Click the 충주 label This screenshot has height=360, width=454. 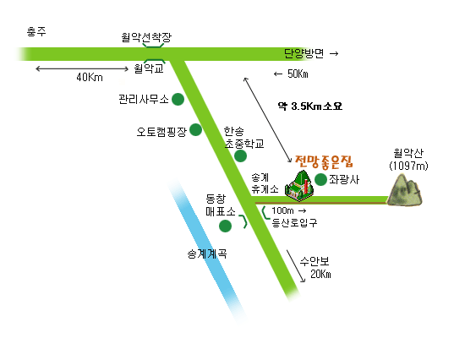pyautogui.click(x=36, y=31)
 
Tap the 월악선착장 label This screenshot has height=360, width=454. pyautogui.click(x=146, y=37)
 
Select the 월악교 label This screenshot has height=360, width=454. pyautogui.click(x=149, y=68)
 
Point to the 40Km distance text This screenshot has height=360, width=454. pyautogui.click(x=90, y=77)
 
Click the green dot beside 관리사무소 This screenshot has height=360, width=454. pyautogui.click(x=178, y=99)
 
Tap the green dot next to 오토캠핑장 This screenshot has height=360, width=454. pyautogui.click(x=195, y=129)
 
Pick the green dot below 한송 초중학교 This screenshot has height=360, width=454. pyautogui.click(x=240, y=156)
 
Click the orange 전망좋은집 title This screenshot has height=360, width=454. pyautogui.click(x=324, y=161)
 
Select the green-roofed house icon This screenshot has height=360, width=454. pyautogui.click(x=299, y=186)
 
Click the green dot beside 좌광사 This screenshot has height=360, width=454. pyautogui.click(x=320, y=179)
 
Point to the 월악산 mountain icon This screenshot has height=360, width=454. pyautogui.click(x=405, y=190)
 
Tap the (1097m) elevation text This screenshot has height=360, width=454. pyautogui.click(x=408, y=166)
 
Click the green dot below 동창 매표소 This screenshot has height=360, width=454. pyautogui.click(x=225, y=226)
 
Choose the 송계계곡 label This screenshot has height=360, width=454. pyautogui.click(x=207, y=254)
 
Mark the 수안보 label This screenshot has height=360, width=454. pyautogui.click(x=315, y=262)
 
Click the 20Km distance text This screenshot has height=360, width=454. pyautogui.click(x=320, y=274)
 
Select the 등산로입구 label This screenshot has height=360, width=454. pyautogui.click(x=294, y=222)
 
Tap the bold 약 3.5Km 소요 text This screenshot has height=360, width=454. pyautogui.click(x=310, y=106)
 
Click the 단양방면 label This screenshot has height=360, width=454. pyautogui.click(x=304, y=53)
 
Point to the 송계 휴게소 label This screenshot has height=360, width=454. pyautogui.click(x=265, y=183)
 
